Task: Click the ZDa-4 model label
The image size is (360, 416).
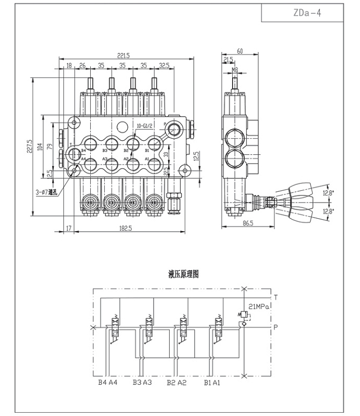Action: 308,13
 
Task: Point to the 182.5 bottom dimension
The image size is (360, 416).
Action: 125,228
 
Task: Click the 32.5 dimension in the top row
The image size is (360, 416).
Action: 164,66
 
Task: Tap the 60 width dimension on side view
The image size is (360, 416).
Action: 240,51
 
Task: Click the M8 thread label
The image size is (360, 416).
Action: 234,69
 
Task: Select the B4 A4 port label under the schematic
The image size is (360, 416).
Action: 107,383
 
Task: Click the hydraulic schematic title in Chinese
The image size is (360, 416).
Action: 184,274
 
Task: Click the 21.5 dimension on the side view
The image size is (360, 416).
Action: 228,60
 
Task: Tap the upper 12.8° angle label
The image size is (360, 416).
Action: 328,192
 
